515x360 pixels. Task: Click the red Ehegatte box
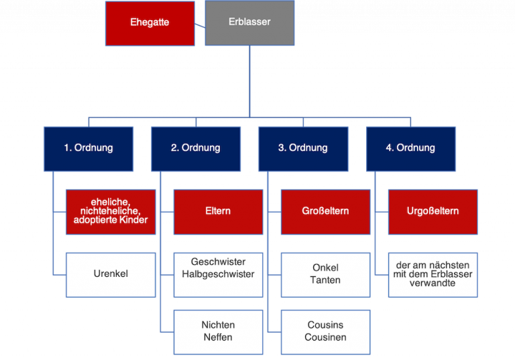pos(150,22)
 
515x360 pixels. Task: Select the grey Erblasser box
pos(249,22)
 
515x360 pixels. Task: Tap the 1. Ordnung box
pos(88,147)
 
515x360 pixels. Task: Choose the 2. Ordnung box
pos(195,147)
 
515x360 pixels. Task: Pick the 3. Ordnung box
pos(302,147)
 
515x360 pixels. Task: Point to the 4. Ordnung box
pos(410,147)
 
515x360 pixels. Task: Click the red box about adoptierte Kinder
pos(111,211)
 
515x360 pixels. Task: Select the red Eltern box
pos(218,211)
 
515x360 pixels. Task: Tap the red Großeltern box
pos(325,211)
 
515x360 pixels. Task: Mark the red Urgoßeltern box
pos(433,211)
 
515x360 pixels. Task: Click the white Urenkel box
pos(111,274)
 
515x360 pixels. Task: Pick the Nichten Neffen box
pos(218,331)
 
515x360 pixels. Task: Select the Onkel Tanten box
pos(325,274)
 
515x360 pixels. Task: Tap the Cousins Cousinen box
pos(325,331)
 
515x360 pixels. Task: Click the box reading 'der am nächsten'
pos(433,274)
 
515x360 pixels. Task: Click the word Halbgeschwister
pos(218,274)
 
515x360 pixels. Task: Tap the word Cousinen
pos(325,337)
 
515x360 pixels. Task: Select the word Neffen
pos(218,337)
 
